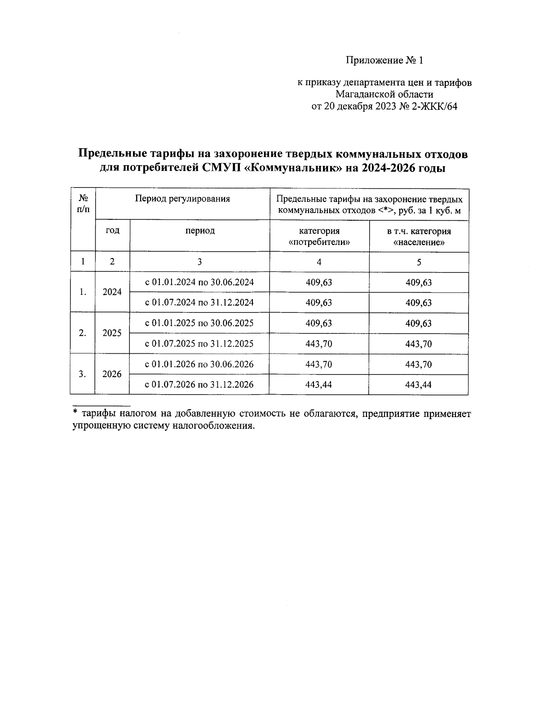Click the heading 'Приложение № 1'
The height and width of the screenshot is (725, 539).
pos(384,60)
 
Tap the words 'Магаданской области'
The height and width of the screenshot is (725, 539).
pos(384,94)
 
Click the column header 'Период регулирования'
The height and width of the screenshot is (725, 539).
pos(182,199)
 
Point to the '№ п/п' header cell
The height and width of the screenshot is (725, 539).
pos(83,204)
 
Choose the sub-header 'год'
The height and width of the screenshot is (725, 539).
pos(112,231)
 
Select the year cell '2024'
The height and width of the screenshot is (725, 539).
pos(112,292)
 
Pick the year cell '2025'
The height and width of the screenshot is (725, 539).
pos(112,333)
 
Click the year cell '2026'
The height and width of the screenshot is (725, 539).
pos(112,374)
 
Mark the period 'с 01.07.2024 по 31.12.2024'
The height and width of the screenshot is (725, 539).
pos(199,302)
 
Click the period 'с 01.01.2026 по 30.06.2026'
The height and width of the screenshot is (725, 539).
pos(199,364)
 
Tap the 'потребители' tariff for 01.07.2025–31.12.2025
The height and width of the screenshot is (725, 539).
pos(319,344)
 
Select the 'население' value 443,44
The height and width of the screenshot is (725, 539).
pos(419,385)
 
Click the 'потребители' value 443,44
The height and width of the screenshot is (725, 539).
pos(319,385)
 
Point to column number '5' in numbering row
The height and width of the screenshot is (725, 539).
pos(419,262)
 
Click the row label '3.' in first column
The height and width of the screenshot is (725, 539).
pos(83,374)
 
